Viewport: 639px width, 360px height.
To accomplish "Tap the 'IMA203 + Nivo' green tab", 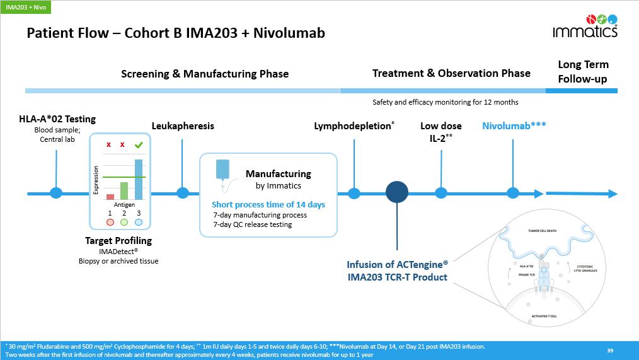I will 25,7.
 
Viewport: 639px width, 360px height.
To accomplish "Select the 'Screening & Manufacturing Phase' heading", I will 204,74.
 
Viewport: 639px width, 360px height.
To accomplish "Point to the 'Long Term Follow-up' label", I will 583,72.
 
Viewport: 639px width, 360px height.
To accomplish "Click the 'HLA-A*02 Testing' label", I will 57,119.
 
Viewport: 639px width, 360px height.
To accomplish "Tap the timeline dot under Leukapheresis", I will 183,193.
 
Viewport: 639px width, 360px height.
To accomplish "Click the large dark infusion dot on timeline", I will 397,193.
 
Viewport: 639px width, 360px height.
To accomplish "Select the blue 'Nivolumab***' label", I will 514,125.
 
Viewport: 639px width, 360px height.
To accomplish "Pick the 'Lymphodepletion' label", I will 354,125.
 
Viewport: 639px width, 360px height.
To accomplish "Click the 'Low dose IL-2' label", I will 441,131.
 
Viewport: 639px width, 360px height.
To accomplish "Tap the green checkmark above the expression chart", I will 139,145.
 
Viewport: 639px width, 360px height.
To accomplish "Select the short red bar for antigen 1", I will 110,197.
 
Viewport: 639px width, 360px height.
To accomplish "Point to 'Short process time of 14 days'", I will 268,204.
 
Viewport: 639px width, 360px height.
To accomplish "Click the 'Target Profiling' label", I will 118,240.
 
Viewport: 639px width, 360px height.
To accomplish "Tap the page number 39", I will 609,351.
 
